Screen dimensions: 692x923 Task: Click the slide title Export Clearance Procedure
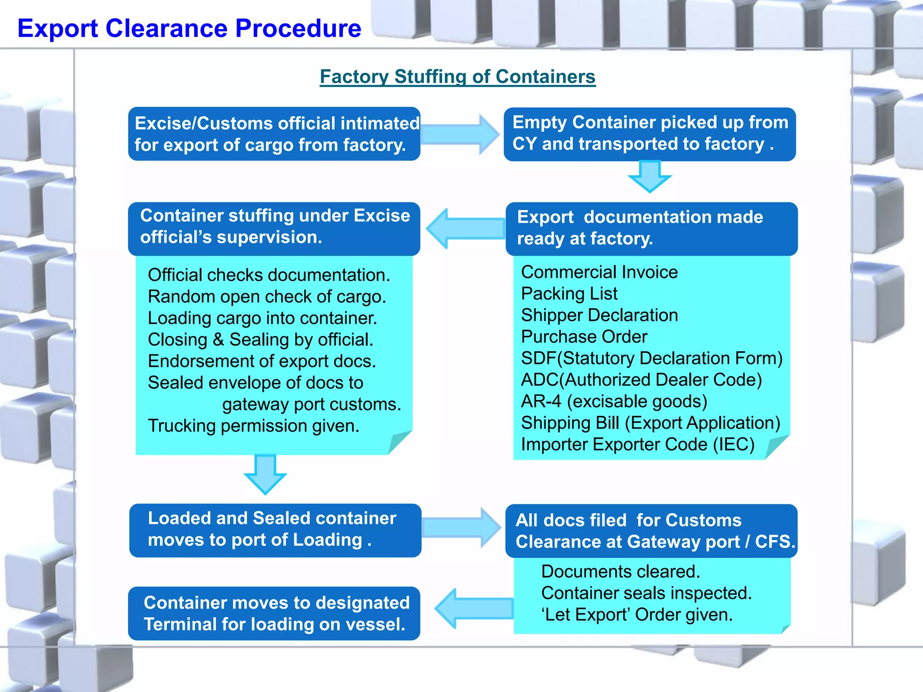(189, 28)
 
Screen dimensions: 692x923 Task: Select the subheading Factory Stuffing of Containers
(457, 77)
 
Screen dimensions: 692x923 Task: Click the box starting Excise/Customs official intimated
(274, 134)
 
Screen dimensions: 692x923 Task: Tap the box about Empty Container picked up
(649, 134)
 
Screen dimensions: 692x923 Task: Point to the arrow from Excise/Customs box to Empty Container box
(460, 134)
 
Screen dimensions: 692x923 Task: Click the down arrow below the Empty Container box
(649, 177)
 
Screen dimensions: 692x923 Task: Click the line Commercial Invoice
(599, 272)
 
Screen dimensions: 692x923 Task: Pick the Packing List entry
(569, 294)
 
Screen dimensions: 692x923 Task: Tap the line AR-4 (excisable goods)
(614, 401)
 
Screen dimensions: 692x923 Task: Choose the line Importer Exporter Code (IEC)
(637, 444)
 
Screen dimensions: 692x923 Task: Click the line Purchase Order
(584, 337)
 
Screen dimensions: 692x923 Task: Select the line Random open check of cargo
(267, 296)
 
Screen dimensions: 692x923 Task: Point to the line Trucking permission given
(253, 426)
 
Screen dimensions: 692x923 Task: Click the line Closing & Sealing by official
(260, 340)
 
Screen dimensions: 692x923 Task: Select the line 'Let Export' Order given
(637, 615)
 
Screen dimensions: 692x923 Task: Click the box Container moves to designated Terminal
(274, 613)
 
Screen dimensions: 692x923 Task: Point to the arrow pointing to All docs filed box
(461, 528)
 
